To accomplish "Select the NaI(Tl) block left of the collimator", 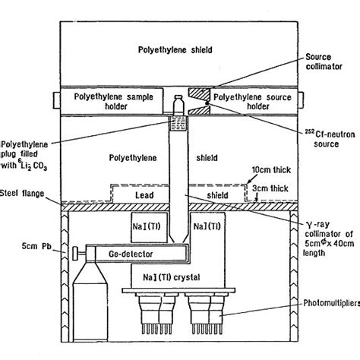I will [x=143, y=226].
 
